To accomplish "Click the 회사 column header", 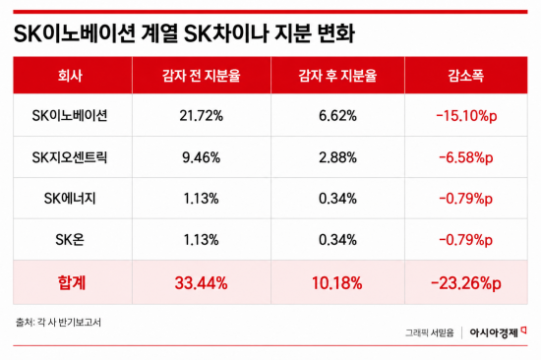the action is point(70,75).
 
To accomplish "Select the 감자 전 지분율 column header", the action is point(201,75).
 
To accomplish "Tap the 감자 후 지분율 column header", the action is point(337,75).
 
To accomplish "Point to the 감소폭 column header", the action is point(466,75).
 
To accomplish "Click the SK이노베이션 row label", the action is point(70,116).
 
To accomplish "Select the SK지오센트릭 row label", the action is point(70,157).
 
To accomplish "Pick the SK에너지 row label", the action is point(70,199).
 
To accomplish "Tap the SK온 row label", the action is point(70,240).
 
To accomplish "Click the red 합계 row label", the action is point(72,283).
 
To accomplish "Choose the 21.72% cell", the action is point(201,116).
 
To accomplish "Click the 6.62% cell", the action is point(337,116).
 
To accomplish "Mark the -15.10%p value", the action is point(466,116).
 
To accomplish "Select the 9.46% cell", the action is point(201,157).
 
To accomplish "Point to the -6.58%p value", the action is point(466,157).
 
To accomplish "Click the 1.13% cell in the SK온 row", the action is point(201,240).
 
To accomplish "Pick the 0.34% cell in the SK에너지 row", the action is point(337,199).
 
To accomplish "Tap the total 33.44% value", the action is point(201,283).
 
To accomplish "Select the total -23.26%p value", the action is point(466,283).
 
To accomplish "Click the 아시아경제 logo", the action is point(498,332).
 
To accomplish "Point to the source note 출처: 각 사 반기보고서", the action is point(58,323).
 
